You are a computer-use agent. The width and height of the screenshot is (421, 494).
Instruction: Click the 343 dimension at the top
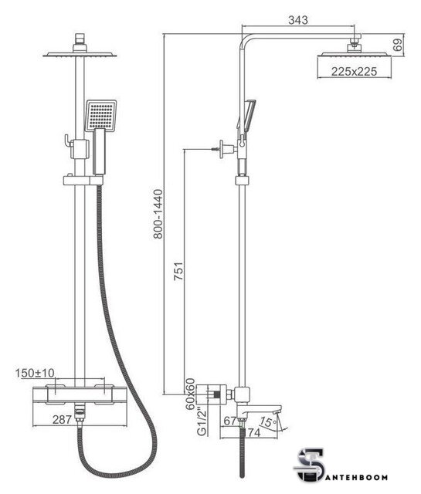tap(297, 20)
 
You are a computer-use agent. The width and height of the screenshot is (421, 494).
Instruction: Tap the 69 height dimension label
tap(399, 45)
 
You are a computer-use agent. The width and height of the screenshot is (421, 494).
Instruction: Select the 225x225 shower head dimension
tap(354, 72)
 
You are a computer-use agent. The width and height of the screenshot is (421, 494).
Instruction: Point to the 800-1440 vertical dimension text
tap(158, 214)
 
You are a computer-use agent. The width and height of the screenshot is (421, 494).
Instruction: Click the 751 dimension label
tap(178, 271)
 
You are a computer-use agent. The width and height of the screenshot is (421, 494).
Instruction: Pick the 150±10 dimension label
tap(35, 373)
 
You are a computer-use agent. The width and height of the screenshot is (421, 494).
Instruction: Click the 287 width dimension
tap(62, 420)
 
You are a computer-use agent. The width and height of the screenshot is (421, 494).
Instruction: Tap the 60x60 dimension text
tap(190, 394)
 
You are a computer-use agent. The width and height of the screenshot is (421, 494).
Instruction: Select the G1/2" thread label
tap(202, 421)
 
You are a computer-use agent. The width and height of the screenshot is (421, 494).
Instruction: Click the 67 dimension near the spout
tap(229, 420)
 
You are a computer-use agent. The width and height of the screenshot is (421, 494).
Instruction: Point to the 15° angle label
tap(268, 421)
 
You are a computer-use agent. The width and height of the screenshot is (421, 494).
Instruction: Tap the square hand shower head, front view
tap(101, 115)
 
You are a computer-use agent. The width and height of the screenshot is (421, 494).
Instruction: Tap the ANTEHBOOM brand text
tap(357, 477)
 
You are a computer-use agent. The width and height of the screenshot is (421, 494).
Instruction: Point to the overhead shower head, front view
tap(80, 55)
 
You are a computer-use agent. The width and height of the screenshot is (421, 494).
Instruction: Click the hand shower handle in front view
tap(99, 151)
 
